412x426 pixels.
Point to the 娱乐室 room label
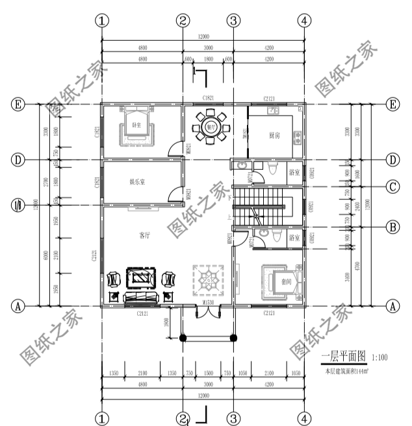pos(137,182)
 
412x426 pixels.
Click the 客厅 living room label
pos(144,235)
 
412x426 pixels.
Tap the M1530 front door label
pos(208,303)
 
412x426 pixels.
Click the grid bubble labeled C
pos(393,187)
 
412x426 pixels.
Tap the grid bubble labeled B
pos(393,228)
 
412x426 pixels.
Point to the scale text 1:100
pos(381,357)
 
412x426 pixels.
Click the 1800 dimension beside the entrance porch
pos(166,322)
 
